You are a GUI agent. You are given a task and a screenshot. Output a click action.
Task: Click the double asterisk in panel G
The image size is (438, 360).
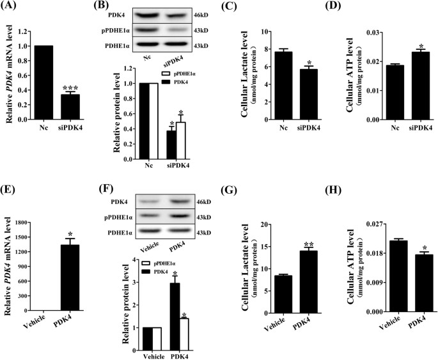tap(309, 244)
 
